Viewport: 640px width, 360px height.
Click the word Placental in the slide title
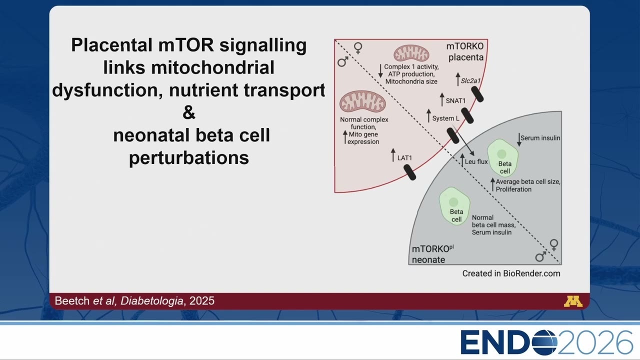click(111, 45)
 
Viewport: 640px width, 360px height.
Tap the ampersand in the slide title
click(189, 112)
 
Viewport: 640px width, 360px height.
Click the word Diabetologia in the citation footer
click(151, 301)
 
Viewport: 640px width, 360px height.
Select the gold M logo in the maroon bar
click(573, 301)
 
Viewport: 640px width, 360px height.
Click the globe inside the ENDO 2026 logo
click(545, 342)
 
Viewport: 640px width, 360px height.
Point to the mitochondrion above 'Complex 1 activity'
click(411, 53)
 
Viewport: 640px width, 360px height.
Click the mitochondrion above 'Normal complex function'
click(362, 101)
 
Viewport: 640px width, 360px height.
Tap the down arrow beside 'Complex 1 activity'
click(380, 71)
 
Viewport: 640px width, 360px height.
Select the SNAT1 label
click(455, 101)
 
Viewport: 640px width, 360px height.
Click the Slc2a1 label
click(470, 81)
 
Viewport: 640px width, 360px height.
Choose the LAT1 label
click(404, 158)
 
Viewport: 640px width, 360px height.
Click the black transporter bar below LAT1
click(409, 172)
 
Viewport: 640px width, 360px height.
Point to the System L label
click(445, 118)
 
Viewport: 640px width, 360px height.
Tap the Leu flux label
click(476, 161)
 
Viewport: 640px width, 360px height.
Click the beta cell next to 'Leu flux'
click(503, 157)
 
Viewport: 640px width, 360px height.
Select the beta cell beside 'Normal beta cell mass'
click(454, 206)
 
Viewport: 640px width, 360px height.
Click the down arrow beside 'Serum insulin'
click(519, 139)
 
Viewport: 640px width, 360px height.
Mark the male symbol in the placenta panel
click(343, 61)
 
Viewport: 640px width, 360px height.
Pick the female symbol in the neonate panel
click(554, 245)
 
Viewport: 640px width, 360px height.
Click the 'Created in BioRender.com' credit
click(511, 273)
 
